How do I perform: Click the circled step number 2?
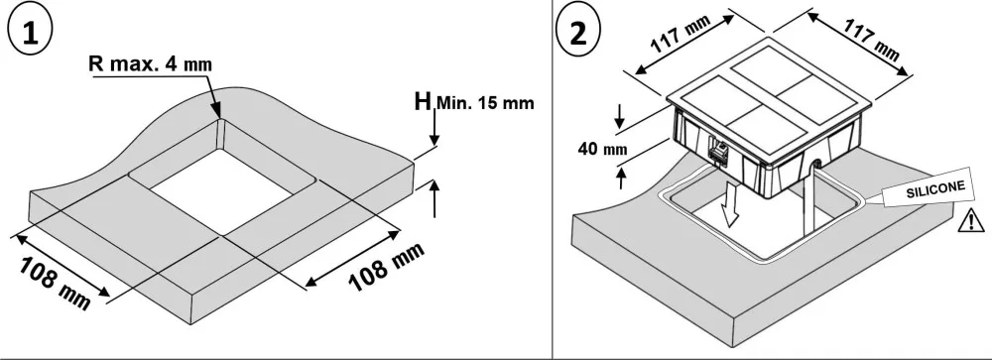(577, 33)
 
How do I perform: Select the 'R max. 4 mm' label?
(151, 64)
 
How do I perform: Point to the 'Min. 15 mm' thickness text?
(485, 102)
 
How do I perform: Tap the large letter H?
(423, 101)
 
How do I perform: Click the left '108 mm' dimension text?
(55, 283)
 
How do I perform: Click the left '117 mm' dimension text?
(681, 35)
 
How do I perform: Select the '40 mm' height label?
(602, 150)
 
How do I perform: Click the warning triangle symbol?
(970, 220)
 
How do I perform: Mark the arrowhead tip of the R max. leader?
(219, 118)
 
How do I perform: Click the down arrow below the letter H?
(434, 127)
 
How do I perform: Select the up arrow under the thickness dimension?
(434, 198)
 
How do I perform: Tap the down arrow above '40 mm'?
(619, 115)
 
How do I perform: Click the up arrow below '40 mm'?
(621, 177)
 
